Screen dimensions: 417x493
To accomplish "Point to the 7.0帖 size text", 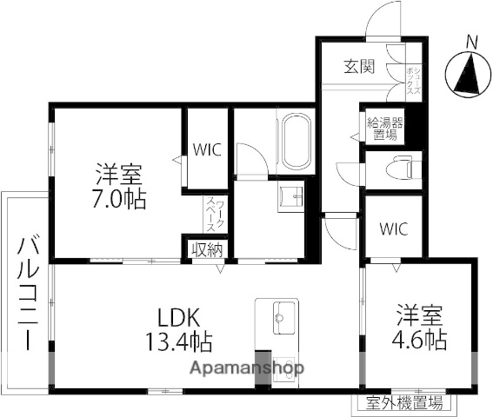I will point(119,198).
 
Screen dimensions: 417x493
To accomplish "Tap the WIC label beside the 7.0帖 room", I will point(208,149).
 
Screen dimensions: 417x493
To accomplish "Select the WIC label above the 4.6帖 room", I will point(394,230).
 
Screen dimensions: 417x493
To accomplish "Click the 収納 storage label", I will point(207,250).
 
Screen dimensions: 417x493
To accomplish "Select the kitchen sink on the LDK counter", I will point(276,315).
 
